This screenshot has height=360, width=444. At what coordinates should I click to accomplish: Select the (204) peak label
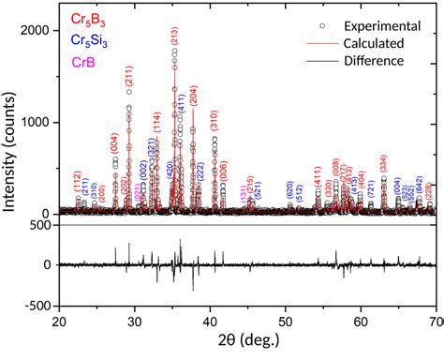pyautogui.click(x=194, y=97)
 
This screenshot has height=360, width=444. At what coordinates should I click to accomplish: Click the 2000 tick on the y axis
pyautogui.click(x=37, y=31)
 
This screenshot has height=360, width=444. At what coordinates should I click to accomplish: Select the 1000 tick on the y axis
pyautogui.click(x=37, y=122)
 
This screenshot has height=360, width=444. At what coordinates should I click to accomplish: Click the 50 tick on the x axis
pyautogui.click(x=286, y=322)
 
